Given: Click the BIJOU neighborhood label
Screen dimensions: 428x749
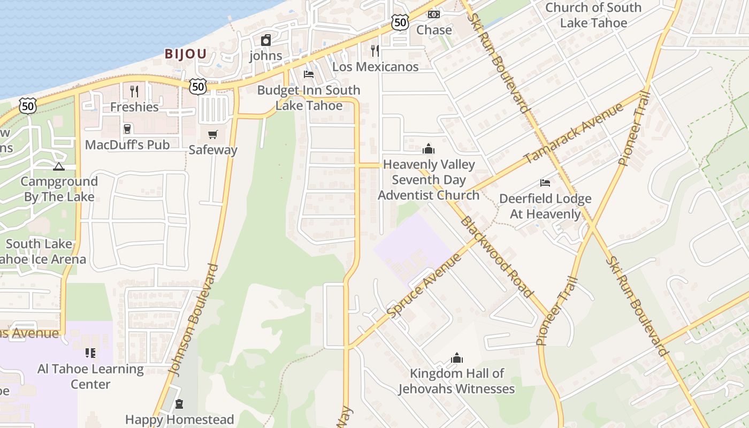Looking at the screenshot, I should pyautogui.click(x=185, y=54).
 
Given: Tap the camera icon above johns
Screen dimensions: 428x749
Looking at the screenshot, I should pyautogui.click(x=266, y=40).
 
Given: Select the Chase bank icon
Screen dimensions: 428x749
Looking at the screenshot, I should pyautogui.click(x=434, y=14).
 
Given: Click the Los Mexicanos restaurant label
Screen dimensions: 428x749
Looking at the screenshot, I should pyautogui.click(x=375, y=67).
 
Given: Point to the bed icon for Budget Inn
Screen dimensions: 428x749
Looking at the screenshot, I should pyautogui.click(x=309, y=74).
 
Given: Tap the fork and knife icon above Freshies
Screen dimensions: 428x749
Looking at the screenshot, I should pyautogui.click(x=134, y=91).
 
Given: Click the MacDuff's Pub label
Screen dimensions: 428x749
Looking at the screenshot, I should pyautogui.click(x=127, y=144).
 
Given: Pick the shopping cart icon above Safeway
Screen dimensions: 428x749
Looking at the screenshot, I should pyautogui.click(x=213, y=134).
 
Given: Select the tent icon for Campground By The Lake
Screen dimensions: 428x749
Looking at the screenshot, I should pyautogui.click(x=59, y=166).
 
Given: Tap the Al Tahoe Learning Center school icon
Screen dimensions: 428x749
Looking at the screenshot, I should pyautogui.click(x=90, y=353).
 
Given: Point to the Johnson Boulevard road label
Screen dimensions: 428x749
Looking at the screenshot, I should pyautogui.click(x=193, y=319).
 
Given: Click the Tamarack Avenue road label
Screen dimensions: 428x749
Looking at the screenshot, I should pyautogui.click(x=574, y=133).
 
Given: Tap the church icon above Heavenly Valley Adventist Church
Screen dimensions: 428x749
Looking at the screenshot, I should pyautogui.click(x=429, y=149).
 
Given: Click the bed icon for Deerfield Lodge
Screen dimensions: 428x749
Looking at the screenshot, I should pyautogui.click(x=545, y=183).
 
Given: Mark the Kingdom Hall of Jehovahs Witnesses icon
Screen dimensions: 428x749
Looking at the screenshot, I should pyautogui.click(x=457, y=357).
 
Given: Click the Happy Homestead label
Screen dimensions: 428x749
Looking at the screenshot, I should pyautogui.click(x=180, y=419).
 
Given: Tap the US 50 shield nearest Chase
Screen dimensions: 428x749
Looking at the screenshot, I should pyautogui.click(x=400, y=22).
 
